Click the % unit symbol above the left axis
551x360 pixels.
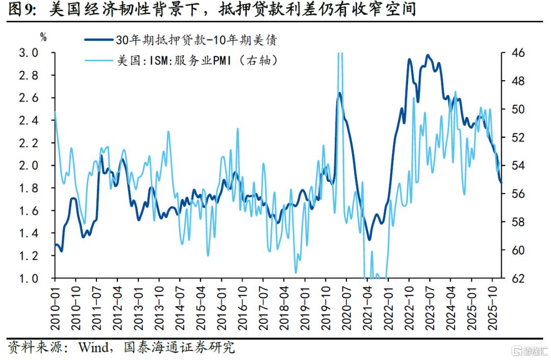point(43,37)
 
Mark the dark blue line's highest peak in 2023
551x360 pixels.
point(428,55)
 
